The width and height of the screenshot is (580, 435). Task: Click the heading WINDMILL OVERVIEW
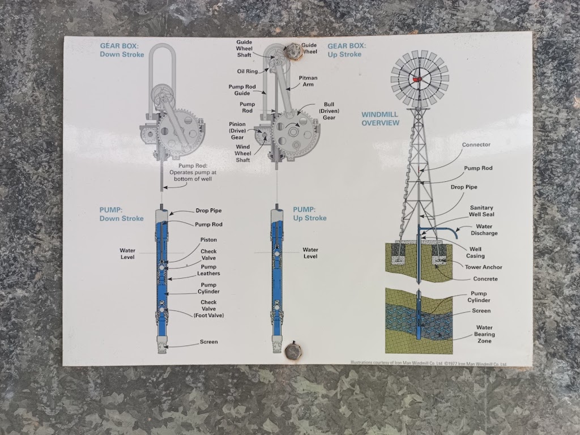coord(380,119)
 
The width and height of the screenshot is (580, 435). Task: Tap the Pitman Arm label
coord(308,80)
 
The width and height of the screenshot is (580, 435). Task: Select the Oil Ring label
coord(248,71)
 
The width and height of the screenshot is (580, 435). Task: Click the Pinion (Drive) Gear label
coord(237,130)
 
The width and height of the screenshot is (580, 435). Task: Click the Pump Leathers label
coord(208,270)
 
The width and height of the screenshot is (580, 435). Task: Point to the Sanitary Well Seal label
coord(483,211)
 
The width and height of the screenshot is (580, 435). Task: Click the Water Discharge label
coord(484,229)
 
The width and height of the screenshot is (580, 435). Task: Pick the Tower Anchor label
coord(483,267)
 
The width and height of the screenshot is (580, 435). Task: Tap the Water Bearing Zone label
coord(484,334)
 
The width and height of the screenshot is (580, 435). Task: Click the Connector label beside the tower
coord(476,145)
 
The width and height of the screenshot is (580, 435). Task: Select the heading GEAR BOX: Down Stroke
coord(122,50)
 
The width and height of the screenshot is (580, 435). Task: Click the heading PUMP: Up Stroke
coord(309,214)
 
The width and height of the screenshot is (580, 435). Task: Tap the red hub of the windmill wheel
coord(419,79)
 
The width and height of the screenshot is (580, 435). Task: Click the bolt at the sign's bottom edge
coord(293,351)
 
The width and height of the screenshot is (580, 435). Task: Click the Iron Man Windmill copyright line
coord(428,363)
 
